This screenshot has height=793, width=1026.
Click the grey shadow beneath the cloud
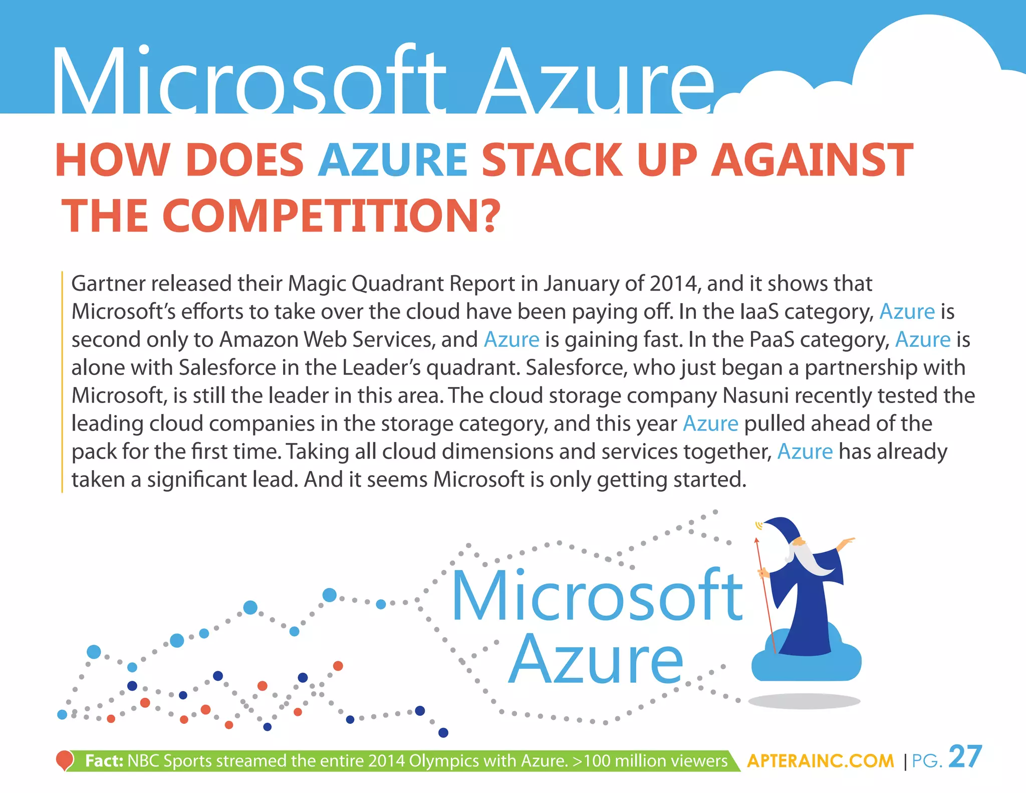tap(805, 701)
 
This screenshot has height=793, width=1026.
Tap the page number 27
tap(965, 757)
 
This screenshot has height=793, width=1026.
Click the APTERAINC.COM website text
tap(820, 761)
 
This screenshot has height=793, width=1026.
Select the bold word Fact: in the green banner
tap(104, 761)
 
